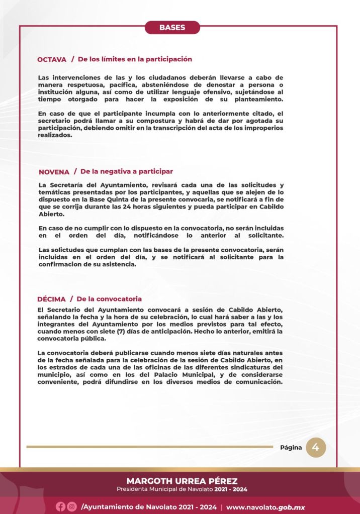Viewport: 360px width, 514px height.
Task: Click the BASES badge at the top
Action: [172, 28]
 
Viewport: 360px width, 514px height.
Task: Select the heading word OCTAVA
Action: [52, 60]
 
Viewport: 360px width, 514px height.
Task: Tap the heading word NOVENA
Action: [54, 172]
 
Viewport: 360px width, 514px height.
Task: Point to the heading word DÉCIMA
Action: [51, 299]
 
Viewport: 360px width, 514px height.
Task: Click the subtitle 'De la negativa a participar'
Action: [127, 172]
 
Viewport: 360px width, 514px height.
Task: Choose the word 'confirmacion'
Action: [63, 265]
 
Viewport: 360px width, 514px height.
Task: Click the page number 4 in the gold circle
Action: [316, 448]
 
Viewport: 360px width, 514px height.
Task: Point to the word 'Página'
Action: [291, 448]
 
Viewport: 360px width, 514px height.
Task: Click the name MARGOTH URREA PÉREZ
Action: [182, 481]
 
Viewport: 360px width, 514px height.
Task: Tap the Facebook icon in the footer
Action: [60, 506]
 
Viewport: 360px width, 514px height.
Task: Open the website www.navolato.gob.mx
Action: [265, 507]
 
